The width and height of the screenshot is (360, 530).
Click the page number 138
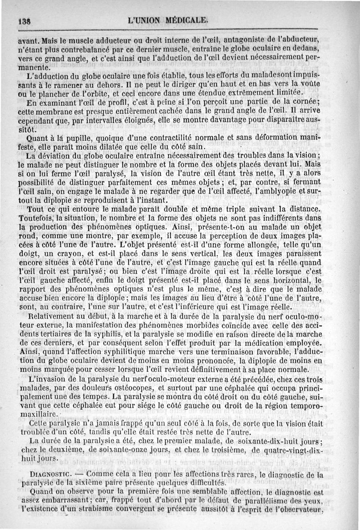[23, 21]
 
